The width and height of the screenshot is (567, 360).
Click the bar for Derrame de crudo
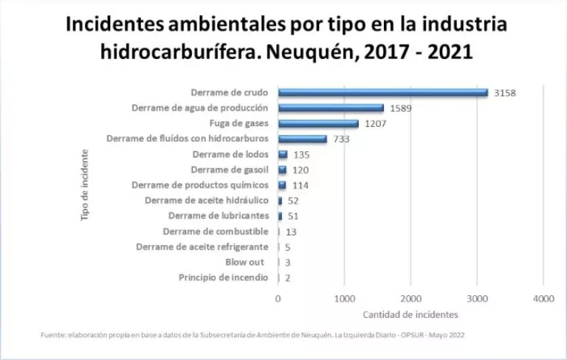[x=382, y=93]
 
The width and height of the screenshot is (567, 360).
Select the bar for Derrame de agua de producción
[x=330, y=108]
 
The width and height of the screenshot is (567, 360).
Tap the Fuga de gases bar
[x=317, y=124]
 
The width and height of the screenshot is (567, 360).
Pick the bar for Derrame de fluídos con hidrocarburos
[x=302, y=139]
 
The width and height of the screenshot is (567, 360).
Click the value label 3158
[x=506, y=93]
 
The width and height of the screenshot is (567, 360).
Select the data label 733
[x=341, y=139]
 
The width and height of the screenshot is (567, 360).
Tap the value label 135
[x=301, y=155]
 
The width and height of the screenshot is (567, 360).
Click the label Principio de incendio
[x=223, y=277]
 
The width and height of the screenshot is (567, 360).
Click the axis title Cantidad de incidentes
[x=410, y=315]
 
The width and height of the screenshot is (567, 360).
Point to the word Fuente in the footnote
[x=52, y=336]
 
